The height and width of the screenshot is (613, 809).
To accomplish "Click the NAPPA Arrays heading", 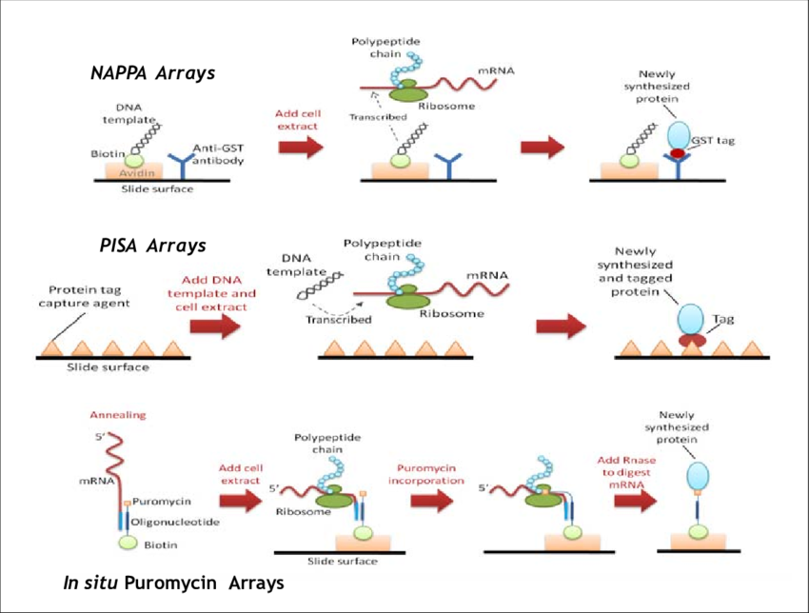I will (x=152, y=72).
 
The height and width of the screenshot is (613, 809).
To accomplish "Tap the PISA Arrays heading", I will (x=152, y=246).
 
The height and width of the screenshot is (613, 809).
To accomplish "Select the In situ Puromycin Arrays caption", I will (x=172, y=583).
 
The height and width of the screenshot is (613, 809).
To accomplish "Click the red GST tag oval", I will (x=678, y=152).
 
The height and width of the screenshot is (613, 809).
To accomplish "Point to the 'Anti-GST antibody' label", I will (x=218, y=153).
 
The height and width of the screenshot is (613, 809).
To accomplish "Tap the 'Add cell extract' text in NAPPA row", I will (x=300, y=119).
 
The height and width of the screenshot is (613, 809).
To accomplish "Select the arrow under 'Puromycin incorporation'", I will (x=431, y=502).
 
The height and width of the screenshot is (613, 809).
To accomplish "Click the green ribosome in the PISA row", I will (x=406, y=300).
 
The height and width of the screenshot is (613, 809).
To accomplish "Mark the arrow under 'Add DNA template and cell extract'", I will (x=215, y=326).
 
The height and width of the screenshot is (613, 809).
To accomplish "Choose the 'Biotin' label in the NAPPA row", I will (x=109, y=152).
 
